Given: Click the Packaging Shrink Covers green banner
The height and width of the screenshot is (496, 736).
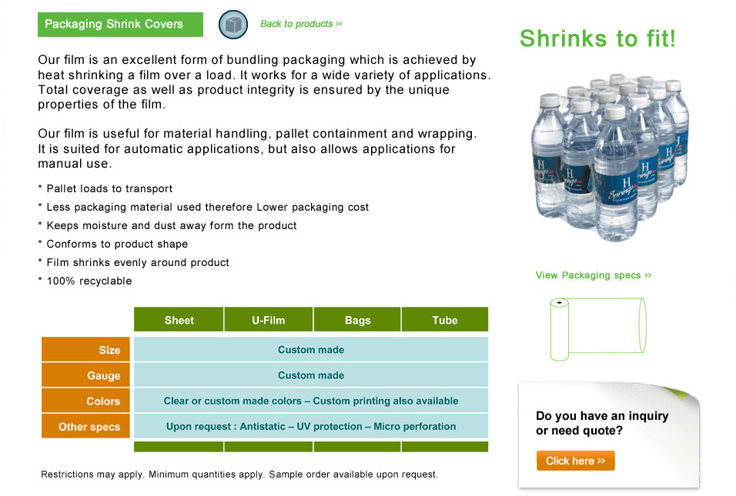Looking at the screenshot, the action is [120, 25].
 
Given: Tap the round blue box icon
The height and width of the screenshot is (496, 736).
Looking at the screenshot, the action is [233, 25].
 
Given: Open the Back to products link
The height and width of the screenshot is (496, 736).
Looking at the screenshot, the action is [301, 24].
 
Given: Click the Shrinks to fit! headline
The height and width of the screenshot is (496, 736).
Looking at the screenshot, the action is [597, 38].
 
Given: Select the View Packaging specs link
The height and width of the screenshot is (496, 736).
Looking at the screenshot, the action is [594, 275].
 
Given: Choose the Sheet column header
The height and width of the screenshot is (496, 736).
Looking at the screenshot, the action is [179, 320].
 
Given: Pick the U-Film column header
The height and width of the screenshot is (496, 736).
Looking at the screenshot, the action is [269, 320].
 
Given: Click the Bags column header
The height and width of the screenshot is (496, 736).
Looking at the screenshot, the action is [357, 320].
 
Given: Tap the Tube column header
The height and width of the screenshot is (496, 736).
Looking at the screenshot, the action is [445, 320].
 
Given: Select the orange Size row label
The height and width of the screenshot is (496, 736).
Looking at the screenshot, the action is [85, 349].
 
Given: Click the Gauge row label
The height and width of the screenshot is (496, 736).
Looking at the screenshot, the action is [85, 375].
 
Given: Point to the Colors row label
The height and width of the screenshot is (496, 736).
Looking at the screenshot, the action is [85, 401].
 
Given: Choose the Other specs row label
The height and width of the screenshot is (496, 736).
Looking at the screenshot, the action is [85, 426].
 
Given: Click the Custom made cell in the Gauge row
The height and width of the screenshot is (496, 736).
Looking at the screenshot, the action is [311, 375].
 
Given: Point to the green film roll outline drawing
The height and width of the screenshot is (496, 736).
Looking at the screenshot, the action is [598, 329].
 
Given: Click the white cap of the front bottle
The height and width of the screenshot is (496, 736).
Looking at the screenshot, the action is [615, 112].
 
